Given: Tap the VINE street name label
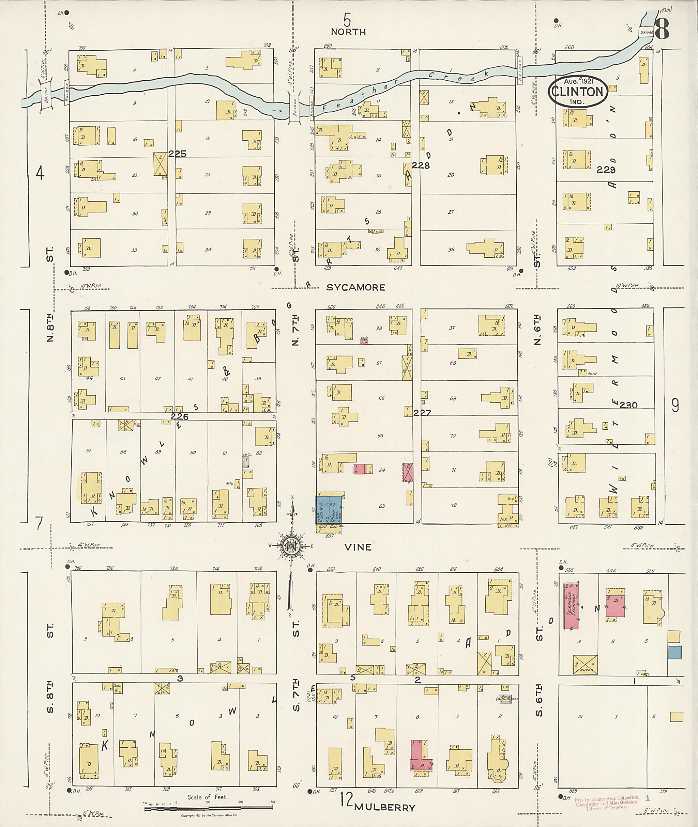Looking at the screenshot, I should tap(358, 547).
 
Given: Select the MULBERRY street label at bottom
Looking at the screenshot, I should tap(384, 807).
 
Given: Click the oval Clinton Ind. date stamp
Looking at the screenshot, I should tap(578, 92).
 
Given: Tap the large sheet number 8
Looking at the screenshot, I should tap(662, 29).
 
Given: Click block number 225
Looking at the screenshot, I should tap(177, 154).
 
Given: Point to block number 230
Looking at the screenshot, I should tap(629, 405).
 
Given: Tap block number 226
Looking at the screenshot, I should tap(180, 416).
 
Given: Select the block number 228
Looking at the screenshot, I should tap(420, 165).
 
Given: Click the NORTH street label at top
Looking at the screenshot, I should tap(348, 32).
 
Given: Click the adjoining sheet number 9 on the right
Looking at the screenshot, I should tap(675, 405).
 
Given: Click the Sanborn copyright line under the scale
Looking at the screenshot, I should tap(209, 815).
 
